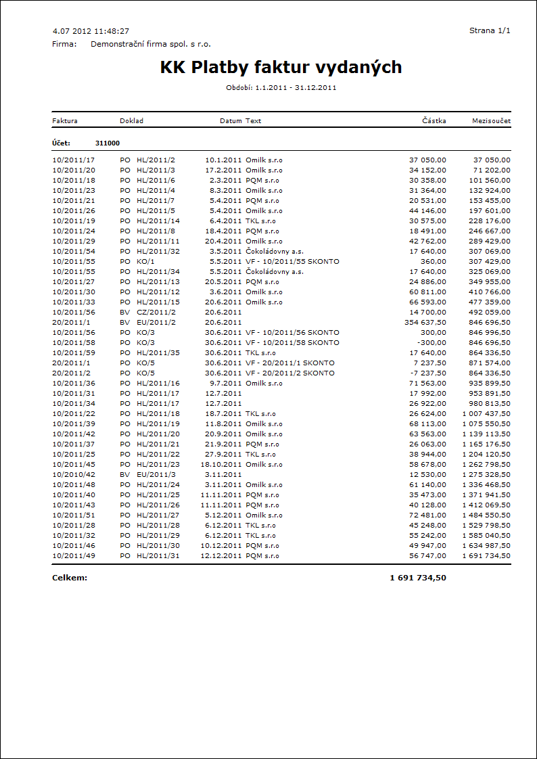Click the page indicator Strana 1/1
coord(490,31)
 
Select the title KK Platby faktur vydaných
coord(281,67)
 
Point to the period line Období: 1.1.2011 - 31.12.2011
coord(281,87)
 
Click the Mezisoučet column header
coord(491,121)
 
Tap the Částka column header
coord(434,121)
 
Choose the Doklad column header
coord(131,121)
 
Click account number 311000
coord(108,143)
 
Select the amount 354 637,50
coord(424,323)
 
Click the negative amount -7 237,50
coord(427,373)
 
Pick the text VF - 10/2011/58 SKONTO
coord(292,343)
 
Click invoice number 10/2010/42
coord(74,475)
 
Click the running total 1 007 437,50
coord(486,414)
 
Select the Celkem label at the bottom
coord(70,578)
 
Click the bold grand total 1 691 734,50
coord(417,578)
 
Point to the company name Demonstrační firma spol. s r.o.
coord(151,44)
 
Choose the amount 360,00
coord(434,262)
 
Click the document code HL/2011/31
coord(158,556)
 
